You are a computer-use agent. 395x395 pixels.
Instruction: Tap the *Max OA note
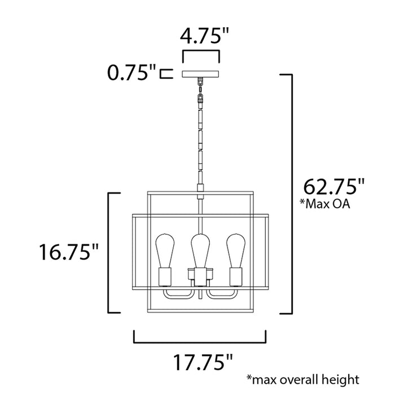pos(326,204)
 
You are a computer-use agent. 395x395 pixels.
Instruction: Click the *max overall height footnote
pos(302,379)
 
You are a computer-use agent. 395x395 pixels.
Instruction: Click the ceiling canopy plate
pos(201,73)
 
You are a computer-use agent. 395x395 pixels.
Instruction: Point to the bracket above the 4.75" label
pos(201,54)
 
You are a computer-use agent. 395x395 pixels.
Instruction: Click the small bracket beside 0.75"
pos(165,73)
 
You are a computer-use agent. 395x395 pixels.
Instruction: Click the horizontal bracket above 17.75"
pos(200,337)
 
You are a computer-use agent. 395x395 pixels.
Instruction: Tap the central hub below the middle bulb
pos(200,276)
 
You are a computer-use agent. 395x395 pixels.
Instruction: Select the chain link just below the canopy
pos(200,84)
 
